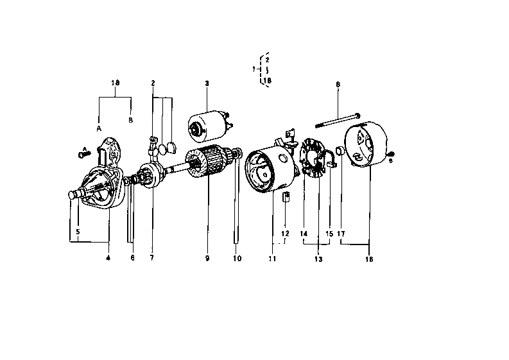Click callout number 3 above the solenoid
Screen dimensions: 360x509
click(x=207, y=83)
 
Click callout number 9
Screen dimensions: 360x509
click(x=207, y=258)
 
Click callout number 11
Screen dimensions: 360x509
click(x=272, y=259)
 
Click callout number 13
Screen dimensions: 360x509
click(x=318, y=259)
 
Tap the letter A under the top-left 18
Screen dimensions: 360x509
click(x=99, y=128)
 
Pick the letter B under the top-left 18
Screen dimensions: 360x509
click(x=131, y=120)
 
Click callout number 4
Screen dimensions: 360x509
click(x=108, y=258)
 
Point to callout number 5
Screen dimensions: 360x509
click(x=78, y=231)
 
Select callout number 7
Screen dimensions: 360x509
click(x=152, y=258)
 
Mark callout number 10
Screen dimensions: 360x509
click(x=237, y=258)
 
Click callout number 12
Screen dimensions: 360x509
click(x=285, y=233)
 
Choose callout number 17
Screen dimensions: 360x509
click(x=341, y=233)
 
